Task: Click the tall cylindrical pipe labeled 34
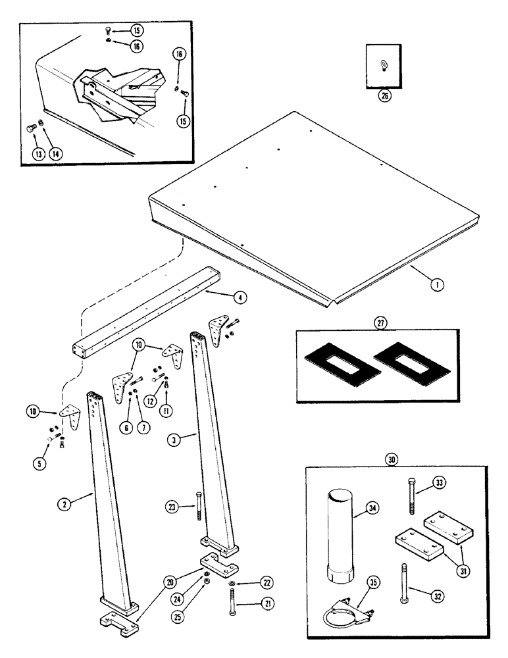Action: tap(340, 534)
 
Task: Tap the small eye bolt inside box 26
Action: tap(384, 64)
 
